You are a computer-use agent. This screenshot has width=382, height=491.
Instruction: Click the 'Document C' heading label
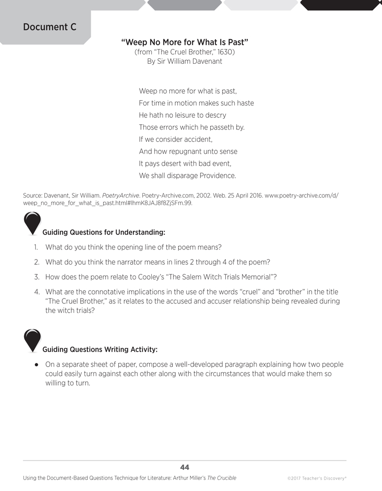(50, 27)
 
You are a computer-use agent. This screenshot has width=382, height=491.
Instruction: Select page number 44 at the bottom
(185, 467)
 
